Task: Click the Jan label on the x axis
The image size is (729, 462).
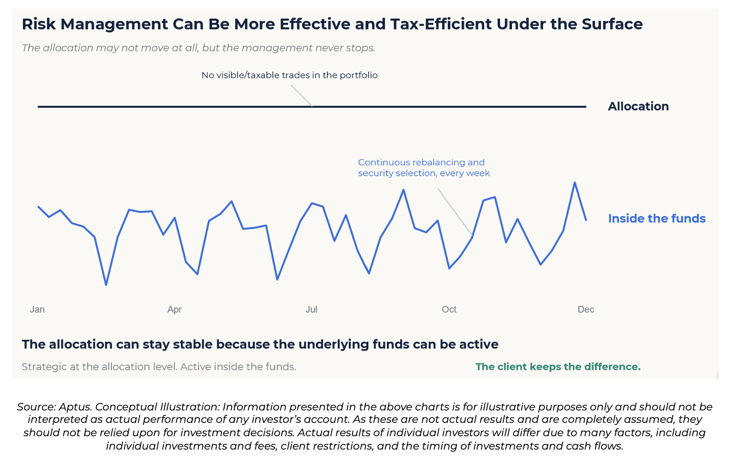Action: pos(37,309)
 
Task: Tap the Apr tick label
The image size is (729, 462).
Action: pos(175,309)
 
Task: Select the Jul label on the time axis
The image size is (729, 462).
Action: pos(312,309)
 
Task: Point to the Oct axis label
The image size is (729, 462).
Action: pos(449,309)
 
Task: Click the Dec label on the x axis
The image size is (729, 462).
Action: pos(586,309)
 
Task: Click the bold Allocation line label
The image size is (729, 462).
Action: pos(638,106)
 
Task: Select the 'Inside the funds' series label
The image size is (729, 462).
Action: pos(657,219)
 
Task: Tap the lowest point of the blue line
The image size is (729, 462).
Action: pos(106,285)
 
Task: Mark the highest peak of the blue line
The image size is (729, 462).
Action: pos(575,182)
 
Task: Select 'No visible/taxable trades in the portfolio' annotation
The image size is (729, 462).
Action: pos(290,75)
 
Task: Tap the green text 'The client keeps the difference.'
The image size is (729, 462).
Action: pos(558,367)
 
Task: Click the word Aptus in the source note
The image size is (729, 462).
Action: pos(75,407)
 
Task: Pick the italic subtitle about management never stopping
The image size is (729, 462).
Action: pos(198,48)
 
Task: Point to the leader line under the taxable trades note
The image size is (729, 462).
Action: pos(302,96)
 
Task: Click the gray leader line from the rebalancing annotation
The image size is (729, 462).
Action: pos(455,211)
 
